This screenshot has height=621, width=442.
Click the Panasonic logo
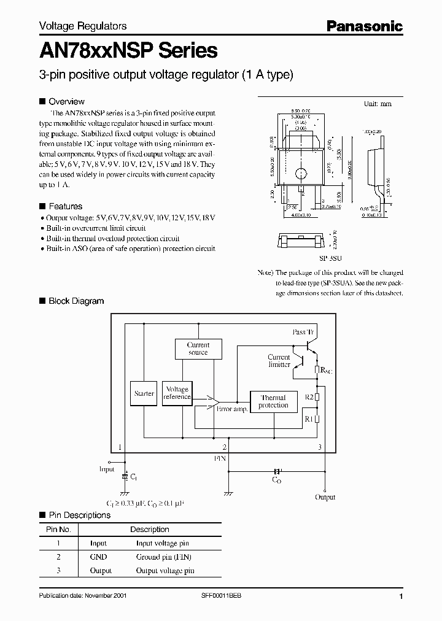(364, 26)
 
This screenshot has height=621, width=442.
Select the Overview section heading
(66, 101)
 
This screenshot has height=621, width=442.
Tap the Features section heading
(65, 206)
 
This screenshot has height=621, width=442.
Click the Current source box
(198, 349)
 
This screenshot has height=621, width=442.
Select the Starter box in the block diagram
(144, 393)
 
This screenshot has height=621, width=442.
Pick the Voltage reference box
(177, 393)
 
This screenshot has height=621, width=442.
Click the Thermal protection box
(273, 401)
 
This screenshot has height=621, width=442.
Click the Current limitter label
(279, 361)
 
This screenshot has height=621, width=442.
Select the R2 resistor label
(309, 398)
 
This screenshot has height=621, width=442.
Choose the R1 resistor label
(309, 418)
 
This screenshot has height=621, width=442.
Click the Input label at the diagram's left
(107, 469)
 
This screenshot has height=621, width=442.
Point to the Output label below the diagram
(325, 497)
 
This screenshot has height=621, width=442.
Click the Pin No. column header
(59, 529)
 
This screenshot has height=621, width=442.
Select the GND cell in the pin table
(98, 557)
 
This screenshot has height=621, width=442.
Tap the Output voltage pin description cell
(165, 570)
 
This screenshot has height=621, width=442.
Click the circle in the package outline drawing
(300, 173)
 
